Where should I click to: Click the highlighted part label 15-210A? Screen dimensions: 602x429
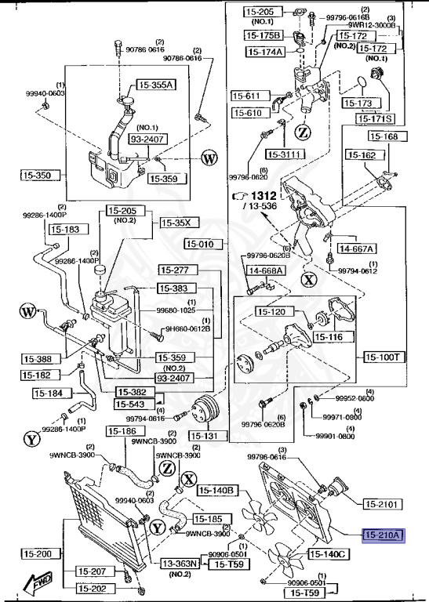[382, 536]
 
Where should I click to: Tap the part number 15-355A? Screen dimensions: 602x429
[157, 85]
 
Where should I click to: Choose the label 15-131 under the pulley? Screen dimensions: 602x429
[206, 435]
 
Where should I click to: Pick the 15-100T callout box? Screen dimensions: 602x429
[382, 357]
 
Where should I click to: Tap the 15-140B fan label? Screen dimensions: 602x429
[217, 491]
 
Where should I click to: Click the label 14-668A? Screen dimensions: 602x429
[267, 271]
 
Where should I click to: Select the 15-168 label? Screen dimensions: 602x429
[384, 136]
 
